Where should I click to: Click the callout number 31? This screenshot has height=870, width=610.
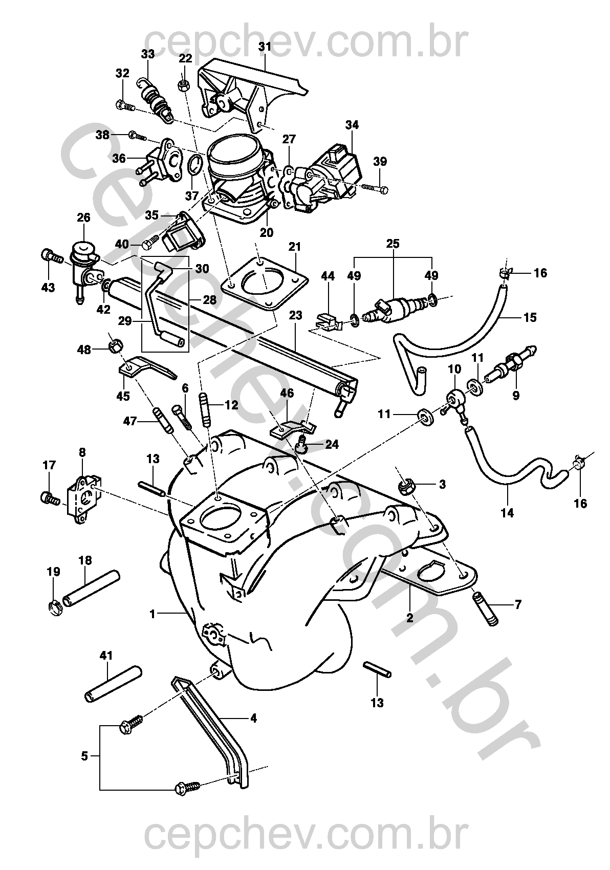264,47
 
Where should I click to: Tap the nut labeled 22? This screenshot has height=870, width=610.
185,84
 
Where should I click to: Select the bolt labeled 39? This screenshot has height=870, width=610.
376,189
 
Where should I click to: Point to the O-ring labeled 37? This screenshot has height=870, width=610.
194,166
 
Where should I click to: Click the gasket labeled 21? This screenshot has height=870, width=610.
264,282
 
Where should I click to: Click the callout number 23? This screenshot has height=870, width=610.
296,316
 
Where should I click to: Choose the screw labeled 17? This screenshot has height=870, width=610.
47,495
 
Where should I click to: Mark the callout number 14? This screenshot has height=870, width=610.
507,512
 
